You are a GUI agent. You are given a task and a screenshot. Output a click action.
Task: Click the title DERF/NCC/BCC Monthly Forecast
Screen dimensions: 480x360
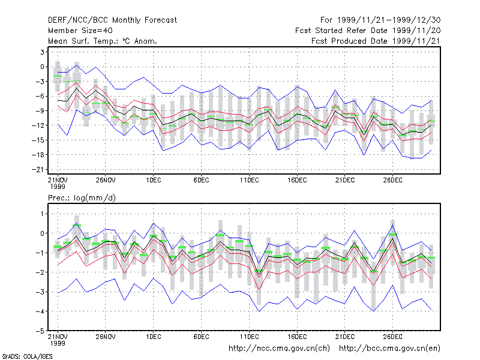[x=112, y=20]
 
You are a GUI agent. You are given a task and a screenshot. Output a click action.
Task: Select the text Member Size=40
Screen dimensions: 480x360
[x=80, y=31]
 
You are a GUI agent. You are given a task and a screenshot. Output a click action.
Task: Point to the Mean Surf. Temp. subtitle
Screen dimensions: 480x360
[x=102, y=41]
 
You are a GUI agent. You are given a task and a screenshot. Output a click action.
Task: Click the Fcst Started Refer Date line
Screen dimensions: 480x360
[x=368, y=31]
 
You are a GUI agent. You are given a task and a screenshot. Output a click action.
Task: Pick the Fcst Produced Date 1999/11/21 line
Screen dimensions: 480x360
[x=376, y=41]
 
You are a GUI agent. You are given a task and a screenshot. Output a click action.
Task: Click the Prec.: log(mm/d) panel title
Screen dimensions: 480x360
[x=82, y=198]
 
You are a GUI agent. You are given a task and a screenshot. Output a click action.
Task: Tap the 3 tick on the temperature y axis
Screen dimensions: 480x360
[x=42, y=52]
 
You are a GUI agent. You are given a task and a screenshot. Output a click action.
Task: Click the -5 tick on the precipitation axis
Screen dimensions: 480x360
[x=40, y=331]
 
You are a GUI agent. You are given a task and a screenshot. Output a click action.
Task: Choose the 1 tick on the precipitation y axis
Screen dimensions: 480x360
[x=42, y=214]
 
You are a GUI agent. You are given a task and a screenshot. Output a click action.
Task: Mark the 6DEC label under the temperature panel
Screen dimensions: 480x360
[x=201, y=181]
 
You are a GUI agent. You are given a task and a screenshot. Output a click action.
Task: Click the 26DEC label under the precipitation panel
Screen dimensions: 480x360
[x=392, y=337]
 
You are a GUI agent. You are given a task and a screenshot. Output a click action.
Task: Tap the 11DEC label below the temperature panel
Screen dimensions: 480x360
[x=249, y=181]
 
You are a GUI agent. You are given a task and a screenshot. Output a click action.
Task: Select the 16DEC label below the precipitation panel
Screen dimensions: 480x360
[x=297, y=337]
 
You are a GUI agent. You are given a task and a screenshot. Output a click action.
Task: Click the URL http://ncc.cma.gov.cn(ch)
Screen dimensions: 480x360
[x=279, y=349]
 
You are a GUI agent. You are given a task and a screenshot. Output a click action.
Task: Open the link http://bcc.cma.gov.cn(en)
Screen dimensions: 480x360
[x=389, y=349]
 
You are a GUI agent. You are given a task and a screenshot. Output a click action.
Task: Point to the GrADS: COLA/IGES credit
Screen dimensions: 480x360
[x=27, y=356]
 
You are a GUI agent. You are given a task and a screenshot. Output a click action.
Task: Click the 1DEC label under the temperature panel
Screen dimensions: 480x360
[x=154, y=181]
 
